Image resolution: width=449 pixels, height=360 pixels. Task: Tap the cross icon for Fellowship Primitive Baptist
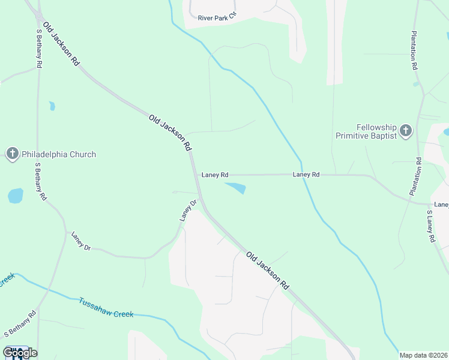coord(406,131)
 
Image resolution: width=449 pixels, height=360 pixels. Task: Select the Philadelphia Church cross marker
coord(12,154)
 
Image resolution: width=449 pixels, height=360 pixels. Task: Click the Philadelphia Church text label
coord(59,154)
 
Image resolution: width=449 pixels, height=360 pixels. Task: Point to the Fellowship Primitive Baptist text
coord(367,132)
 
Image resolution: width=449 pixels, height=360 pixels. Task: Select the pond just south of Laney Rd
coord(236,188)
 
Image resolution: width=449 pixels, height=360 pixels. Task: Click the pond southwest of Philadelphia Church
coord(15,196)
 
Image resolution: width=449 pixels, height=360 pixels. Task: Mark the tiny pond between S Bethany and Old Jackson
coord(52,106)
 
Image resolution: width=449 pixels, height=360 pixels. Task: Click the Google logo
coord(19,352)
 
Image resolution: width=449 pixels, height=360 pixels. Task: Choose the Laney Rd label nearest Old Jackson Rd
coord(215,175)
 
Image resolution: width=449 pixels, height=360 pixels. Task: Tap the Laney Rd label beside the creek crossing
coord(306,175)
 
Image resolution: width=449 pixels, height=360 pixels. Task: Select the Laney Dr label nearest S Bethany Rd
coord(80,241)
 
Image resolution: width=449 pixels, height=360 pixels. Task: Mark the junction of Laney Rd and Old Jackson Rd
coord(196,175)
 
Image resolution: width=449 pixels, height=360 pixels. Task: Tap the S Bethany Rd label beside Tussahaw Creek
coord(20,324)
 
